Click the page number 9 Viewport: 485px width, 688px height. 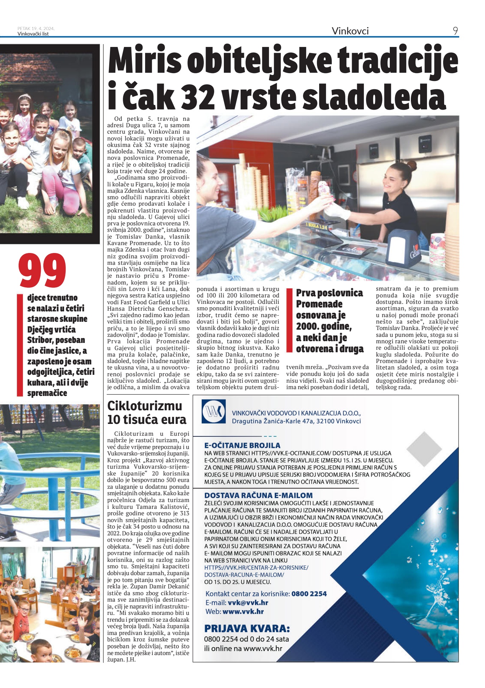pyautogui.click(x=455, y=31)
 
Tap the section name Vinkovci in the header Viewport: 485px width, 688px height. pyautogui.click(x=350, y=31)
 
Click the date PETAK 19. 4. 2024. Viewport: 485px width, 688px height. pyautogui.click(x=36, y=29)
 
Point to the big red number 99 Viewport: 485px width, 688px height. pyautogui.click(x=43, y=270)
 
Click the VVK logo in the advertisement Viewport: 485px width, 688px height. pyautogui.click(x=213, y=411)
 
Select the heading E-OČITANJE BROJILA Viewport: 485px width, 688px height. pyautogui.click(x=242, y=445)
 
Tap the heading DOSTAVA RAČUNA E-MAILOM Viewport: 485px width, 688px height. pyautogui.click(x=258, y=495)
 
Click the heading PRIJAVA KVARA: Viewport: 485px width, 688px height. pyautogui.click(x=247, y=629)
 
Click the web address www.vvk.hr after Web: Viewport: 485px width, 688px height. pyautogui.click(x=243, y=612)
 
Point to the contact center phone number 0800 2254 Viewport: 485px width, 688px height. pyautogui.click(x=309, y=594)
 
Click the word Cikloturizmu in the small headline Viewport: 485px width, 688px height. pyautogui.click(x=145, y=406)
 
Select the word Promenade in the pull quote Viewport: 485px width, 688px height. pyautogui.click(x=319, y=304)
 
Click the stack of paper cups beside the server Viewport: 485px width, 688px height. pyautogui.click(x=437, y=253)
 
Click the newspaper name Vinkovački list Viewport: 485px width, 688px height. pyautogui.click(x=33, y=34)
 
